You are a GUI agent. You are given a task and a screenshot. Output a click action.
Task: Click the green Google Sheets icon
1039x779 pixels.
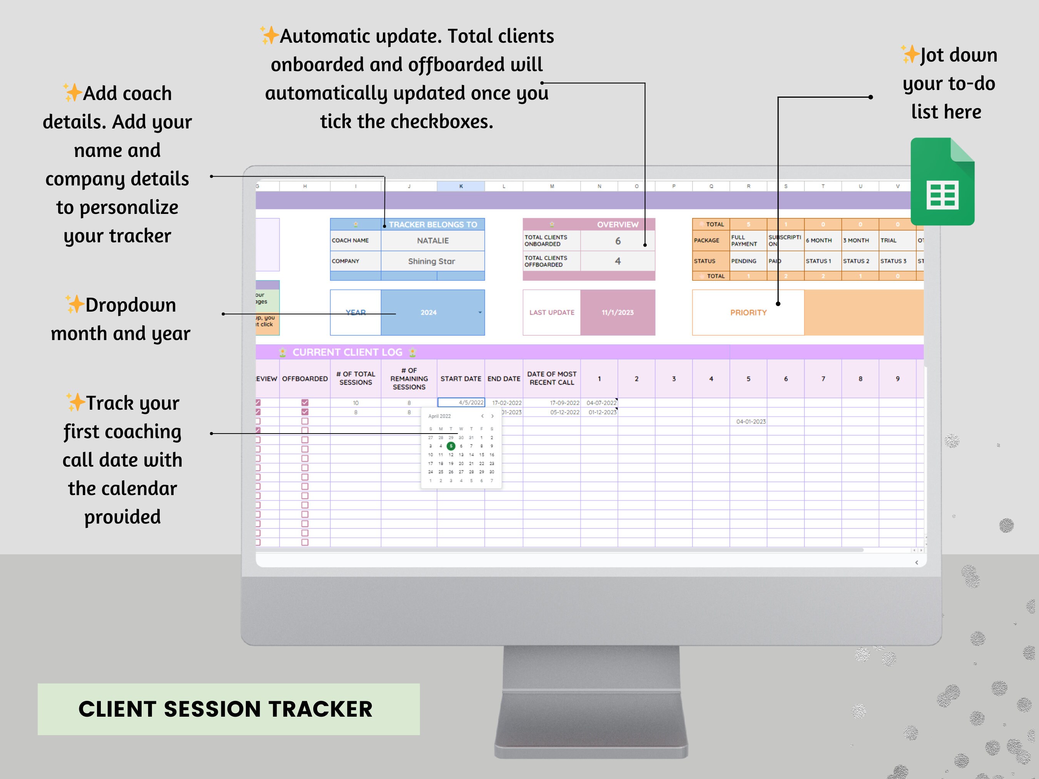pyautogui.click(x=942, y=182)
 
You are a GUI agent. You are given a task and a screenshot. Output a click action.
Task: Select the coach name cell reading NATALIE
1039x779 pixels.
pyautogui.click(x=433, y=240)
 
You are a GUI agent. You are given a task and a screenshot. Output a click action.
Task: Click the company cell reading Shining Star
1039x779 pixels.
pyautogui.click(x=432, y=261)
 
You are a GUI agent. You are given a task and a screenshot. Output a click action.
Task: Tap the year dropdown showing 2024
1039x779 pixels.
pyautogui.click(x=432, y=312)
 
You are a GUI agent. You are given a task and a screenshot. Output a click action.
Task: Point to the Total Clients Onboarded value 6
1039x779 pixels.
pyautogui.click(x=618, y=241)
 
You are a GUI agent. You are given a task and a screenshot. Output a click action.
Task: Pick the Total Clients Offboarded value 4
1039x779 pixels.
pyautogui.click(x=618, y=261)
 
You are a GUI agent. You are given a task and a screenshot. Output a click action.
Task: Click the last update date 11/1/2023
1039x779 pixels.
pyautogui.click(x=618, y=312)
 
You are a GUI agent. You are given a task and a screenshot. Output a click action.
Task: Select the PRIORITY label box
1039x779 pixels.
pyautogui.click(x=748, y=312)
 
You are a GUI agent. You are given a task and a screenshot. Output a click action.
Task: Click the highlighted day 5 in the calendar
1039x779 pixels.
pyautogui.click(x=451, y=446)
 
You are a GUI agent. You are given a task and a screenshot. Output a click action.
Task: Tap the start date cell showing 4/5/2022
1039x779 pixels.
pyautogui.click(x=461, y=402)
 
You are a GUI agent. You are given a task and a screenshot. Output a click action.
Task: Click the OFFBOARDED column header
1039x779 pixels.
pyautogui.click(x=305, y=379)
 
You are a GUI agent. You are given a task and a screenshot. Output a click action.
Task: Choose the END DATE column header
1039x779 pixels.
pyautogui.click(x=503, y=379)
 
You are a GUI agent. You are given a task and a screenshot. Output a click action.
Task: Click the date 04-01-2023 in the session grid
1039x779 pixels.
pyautogui.click(x=751, y=422)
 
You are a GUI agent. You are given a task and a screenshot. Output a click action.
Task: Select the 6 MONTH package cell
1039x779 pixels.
pyautogui.click(x=819, y=240)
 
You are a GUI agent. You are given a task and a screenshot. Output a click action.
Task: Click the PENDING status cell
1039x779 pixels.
pyautogui.click(x=743, y=261)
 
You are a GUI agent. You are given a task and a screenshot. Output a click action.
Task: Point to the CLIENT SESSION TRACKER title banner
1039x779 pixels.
pyautogui.click(x=228, y=709)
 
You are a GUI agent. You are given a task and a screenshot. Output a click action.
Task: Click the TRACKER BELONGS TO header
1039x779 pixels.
pyautogui.click(x=433, y=224)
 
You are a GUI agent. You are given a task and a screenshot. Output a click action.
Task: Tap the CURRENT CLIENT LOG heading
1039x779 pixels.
pyautogui.click(x=347, y=352)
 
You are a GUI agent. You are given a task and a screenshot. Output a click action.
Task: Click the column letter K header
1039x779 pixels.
pyautogui.click(x=461, y=187)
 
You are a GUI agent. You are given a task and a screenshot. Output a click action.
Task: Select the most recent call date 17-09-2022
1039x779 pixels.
pyautogui.click(x=565, y=403)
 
